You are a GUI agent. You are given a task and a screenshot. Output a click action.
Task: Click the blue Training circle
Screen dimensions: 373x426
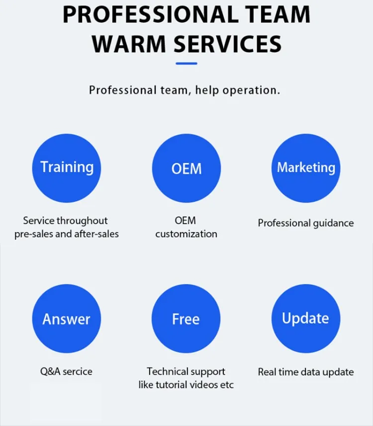tap(67, 168)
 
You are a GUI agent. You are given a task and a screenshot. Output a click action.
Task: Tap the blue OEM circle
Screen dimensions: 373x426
tap(186, 168)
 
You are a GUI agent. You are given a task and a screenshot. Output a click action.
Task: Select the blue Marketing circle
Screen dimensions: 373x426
tap(306, 168)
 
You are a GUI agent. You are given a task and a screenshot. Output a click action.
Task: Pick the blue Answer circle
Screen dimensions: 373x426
tap(67, 319)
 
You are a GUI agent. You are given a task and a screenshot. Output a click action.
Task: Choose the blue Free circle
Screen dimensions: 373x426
tap(186, 319)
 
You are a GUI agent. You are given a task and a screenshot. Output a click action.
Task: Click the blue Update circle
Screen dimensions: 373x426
tap(306, 319)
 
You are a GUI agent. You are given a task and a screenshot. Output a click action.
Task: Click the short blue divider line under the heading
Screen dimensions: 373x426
tap(186, 63)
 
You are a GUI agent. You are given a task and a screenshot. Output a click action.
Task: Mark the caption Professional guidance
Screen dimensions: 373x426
tap(306, 223)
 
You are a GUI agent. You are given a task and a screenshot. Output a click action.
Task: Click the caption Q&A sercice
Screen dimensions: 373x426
tap(66, 372)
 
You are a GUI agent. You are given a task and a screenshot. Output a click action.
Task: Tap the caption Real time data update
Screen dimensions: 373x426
tap(306, 372)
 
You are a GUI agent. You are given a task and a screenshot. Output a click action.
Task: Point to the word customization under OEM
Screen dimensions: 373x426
tap(186, 234)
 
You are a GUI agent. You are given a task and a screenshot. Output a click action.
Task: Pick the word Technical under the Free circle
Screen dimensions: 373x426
tap(166, 372)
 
